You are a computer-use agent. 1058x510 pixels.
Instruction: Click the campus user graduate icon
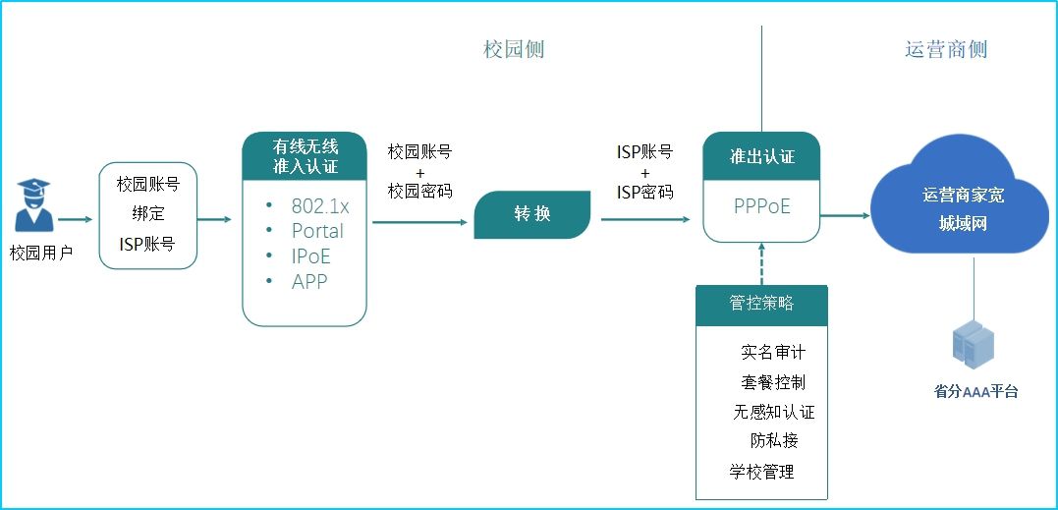click(33, 207)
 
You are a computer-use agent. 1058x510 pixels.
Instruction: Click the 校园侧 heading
click(513, 49)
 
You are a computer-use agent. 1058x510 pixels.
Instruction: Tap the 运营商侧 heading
click(945, 49)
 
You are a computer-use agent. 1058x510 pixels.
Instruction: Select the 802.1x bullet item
click(319, 206)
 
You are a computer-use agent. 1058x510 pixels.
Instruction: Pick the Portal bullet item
click(317, 231)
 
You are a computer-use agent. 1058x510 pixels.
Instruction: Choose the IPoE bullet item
click(310, 256)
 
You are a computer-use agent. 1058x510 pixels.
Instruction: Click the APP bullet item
click(309, 281)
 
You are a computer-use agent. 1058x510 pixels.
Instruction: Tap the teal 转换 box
click(531, 214)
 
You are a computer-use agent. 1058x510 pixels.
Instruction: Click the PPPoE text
click(761, 207)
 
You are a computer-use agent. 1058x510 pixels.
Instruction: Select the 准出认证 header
click(761, 156)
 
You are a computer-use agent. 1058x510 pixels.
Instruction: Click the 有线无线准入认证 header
click(305, 156)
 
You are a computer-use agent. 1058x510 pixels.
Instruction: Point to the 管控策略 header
click(761, 304)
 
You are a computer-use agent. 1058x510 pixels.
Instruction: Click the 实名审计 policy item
click(772, 352)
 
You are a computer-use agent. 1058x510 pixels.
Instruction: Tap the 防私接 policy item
click(773, 441)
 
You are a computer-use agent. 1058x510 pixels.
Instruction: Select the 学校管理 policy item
click(761, 472)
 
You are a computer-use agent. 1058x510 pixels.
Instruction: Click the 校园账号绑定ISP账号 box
click(147, 213)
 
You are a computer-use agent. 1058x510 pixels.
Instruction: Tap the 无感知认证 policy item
click(773, 412)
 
